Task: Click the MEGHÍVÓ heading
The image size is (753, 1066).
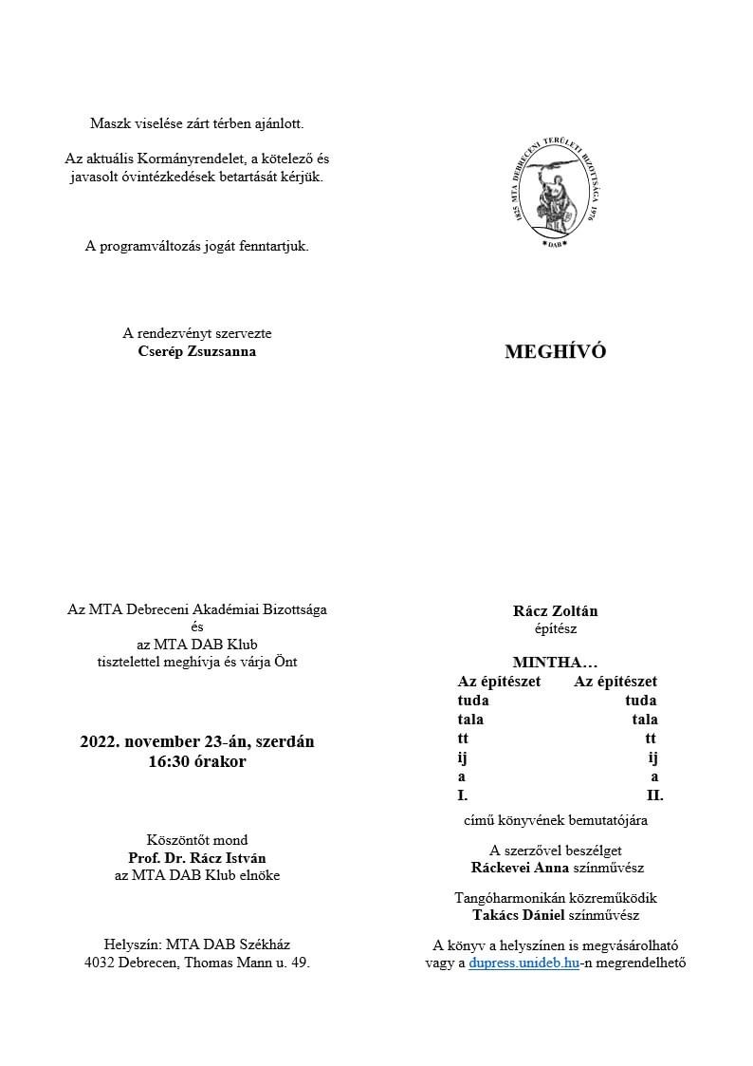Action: (x=555, y=352)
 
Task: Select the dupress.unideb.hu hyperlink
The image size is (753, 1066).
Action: (x=524, y=963)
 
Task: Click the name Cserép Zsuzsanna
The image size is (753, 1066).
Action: (x=196, y=351)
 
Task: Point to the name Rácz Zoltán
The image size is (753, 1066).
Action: (x=555, y=611)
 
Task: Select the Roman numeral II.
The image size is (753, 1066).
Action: (x=654, y=795)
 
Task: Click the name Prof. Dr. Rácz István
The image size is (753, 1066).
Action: (x=196, y=857)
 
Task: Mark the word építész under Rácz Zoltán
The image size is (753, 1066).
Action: (x=555, y=627)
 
